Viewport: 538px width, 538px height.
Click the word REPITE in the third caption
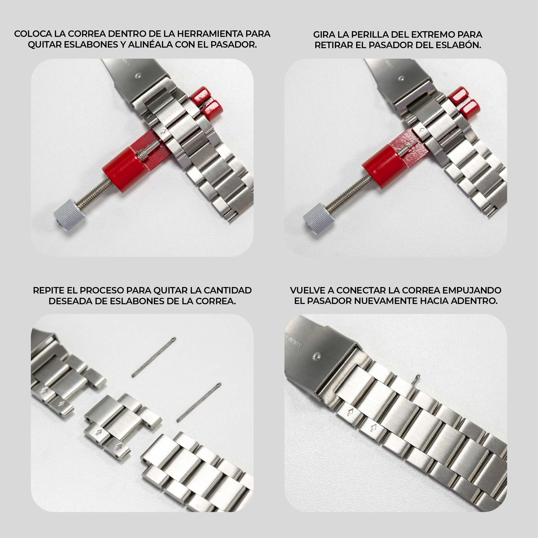(49, 290)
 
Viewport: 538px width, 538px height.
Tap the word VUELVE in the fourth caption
(307, 290)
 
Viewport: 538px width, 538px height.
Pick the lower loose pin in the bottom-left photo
(199, 402)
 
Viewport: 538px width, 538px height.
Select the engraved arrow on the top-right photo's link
(422, 130)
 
